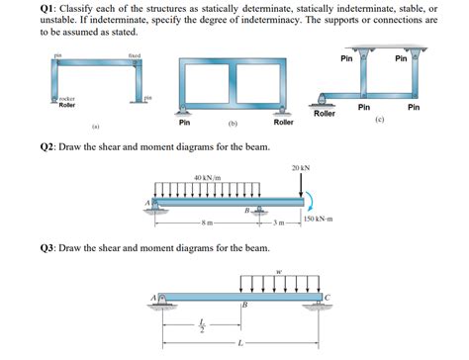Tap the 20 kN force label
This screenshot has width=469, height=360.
301,169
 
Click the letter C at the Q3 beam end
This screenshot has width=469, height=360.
327,296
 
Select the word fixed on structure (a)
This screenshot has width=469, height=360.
134,56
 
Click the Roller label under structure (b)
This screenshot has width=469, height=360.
283,122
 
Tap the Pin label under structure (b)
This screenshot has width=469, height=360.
185,123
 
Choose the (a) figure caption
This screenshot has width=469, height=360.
96,126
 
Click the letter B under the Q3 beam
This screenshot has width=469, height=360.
243,306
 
